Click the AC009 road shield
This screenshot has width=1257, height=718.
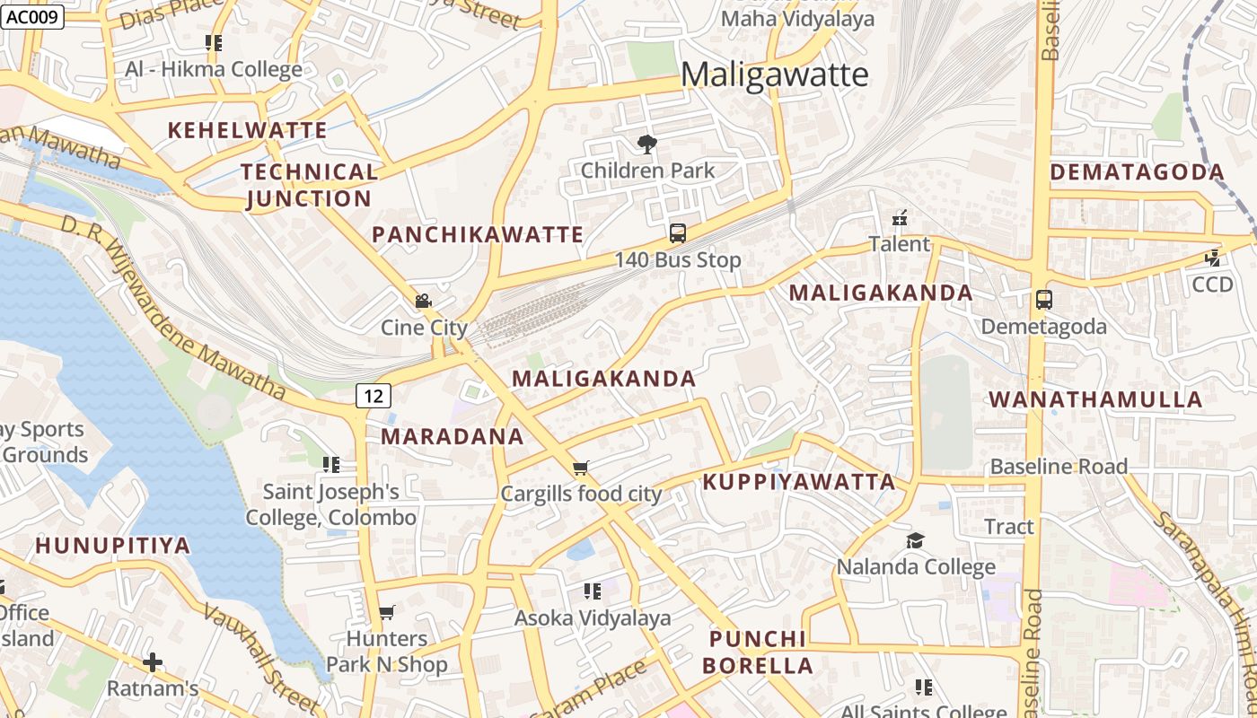[x=32, y=17]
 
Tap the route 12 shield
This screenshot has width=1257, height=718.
[x=374, y=395]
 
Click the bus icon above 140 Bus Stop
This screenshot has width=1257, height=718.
[x=678, y=233]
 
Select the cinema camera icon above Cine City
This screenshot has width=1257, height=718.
[x=423, y=302]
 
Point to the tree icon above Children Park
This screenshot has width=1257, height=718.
[x=646, y=144]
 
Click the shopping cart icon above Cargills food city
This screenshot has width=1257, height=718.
[x=581, y=468]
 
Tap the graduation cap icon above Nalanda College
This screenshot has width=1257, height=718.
[x=915, y=540]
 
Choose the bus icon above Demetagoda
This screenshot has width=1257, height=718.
[x=1043, y=300]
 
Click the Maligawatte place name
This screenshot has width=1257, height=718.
[x=774, y=75]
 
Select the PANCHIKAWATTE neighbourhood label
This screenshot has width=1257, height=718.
[x=478, y=235]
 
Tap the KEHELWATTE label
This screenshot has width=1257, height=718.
[x=247, y=130]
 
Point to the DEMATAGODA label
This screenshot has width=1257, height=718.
[x=1137, y=172]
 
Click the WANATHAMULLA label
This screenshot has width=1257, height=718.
[x=1095, y=400]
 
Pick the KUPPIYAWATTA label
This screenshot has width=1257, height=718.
[x=799, y=482]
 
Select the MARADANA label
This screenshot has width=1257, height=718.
[x=452, y=437]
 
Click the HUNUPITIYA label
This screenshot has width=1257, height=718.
[x=113, y=546]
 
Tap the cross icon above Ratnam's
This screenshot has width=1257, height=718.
[x=153, y=663]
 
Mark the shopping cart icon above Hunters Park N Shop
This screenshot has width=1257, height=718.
[x=386, y=612]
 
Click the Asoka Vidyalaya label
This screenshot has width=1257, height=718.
[x=592, y=618]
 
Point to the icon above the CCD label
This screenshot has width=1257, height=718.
[x=1213, y=258]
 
